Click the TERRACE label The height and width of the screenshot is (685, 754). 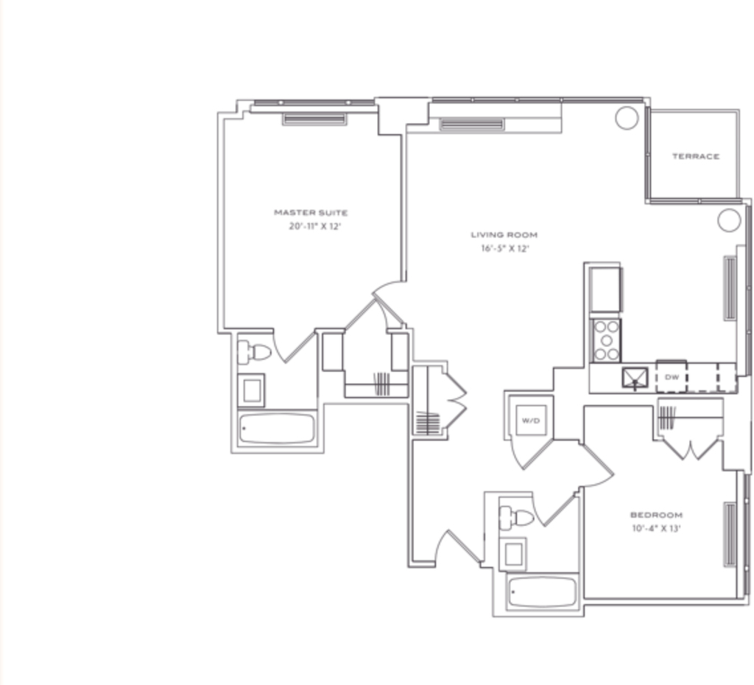[x=695, y=156]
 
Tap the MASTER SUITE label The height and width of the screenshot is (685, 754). [x=311, y=212]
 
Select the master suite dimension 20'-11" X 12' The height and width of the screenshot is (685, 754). [x=314, y=226]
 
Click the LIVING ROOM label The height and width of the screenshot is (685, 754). [x=504, y=235]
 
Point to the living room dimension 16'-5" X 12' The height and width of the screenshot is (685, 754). [x=505, y=248]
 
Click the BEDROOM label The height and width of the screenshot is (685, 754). [x=656, y=515]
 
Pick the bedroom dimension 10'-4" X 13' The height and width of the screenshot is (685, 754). [x=656, y=528]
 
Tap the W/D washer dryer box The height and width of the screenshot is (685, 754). [x=531, y=421]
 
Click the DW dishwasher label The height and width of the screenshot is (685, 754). [x=672, y=377]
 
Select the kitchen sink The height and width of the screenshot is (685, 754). [x=635, y=378]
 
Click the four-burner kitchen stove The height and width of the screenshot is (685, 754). [x=607, y=340]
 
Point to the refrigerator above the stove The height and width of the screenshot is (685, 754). [x=605, y=290]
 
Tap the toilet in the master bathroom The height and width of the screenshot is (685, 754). [x=254, y=352]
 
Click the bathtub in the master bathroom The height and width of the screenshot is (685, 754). [x=277, y=428]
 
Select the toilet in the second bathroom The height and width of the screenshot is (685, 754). [x=516, y=518]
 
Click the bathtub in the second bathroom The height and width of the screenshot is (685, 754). [x=543, y=591]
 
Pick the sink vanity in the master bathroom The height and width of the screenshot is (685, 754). [x=251, y=390]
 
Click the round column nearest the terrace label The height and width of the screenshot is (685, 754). [x=627, y=118]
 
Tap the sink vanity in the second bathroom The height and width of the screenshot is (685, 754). [x=513, y=554]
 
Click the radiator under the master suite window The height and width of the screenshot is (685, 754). [x=314, y=119]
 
